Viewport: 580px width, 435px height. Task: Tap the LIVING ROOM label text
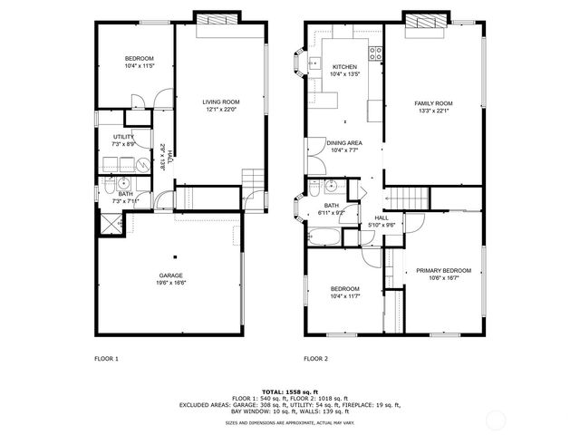coord(220,101)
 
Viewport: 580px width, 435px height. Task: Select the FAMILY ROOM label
coord(433,103)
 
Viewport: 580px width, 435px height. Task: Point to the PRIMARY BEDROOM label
coord(443,270)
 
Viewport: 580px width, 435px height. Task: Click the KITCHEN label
coord(344,67)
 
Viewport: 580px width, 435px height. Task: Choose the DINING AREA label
coord(344,142)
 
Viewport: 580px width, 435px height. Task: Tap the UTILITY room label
coord(124,137)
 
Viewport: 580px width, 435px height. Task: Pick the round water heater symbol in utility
coord(143,165)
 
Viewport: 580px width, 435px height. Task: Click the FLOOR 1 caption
coord(107,359)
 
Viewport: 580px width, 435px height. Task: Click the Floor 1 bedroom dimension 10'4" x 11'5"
coord(140,65)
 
